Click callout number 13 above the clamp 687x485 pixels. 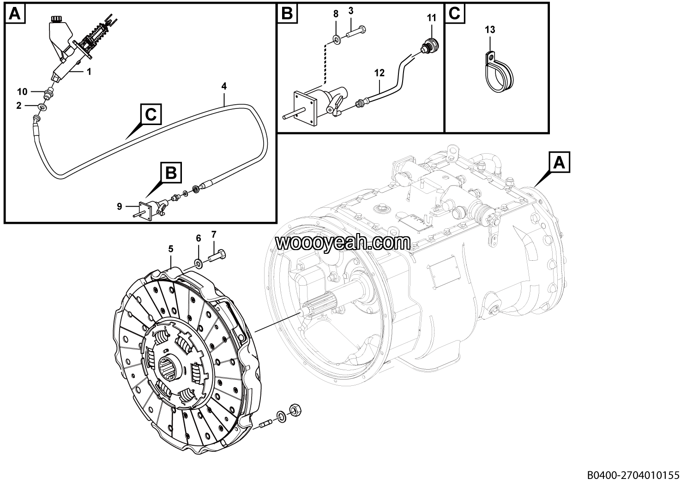tap(490, 30)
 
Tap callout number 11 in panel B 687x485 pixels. tap(432, 18)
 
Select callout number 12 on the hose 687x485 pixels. tap(379, 73)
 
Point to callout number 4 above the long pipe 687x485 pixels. tap(224, 86)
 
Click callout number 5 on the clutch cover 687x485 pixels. tap(171, 249)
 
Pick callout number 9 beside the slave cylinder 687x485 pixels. tap(199, 238)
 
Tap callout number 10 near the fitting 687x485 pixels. tap(214, 234)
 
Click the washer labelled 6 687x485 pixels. tap(199, 263)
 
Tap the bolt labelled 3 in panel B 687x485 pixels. tap(356, 32)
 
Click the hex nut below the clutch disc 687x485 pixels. tap(295, 410)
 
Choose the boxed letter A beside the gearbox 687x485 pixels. tap(559, 162)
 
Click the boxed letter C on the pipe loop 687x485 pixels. tap(151, 114)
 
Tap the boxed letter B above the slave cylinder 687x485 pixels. tap(171, 173)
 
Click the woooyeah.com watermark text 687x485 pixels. tap(343, 243)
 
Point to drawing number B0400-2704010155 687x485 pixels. tap(633, 475)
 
